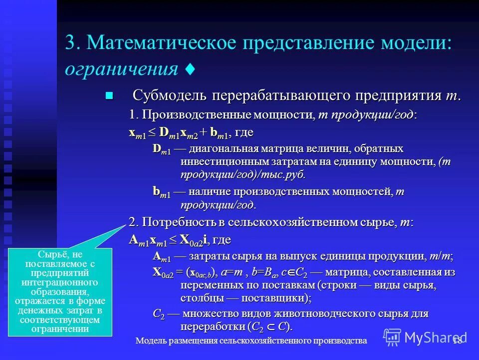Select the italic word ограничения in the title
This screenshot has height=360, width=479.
[x=121, y=68]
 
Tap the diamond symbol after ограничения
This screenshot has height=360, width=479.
[x=189, y=69]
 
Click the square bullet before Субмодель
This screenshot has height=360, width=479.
[x=110, y=95]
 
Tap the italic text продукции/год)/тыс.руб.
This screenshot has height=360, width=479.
[x=242, y=174]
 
